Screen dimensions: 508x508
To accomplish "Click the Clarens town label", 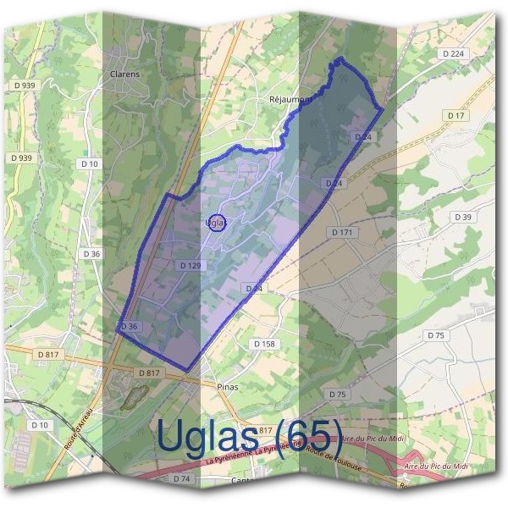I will point(124,74).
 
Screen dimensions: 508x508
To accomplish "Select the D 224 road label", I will point(454,53).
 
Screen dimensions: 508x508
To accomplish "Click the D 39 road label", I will point(462,218).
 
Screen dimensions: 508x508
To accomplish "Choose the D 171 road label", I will point(341,231).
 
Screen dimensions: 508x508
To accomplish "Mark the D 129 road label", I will point(190,266).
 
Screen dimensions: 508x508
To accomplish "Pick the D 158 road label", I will point(264,344).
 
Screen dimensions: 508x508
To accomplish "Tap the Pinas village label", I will point(227,386).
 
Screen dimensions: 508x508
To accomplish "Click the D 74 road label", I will point(181,478).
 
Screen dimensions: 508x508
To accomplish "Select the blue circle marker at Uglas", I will point(216,222).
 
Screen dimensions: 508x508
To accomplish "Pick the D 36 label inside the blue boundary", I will point(129,327).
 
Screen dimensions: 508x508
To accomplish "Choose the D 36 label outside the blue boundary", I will point(91,253).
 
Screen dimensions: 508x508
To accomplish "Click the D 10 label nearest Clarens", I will point(89,163).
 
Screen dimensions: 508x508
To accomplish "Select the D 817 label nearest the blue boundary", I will point(148,373).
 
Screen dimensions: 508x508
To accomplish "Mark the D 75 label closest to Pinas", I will point(337,395).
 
